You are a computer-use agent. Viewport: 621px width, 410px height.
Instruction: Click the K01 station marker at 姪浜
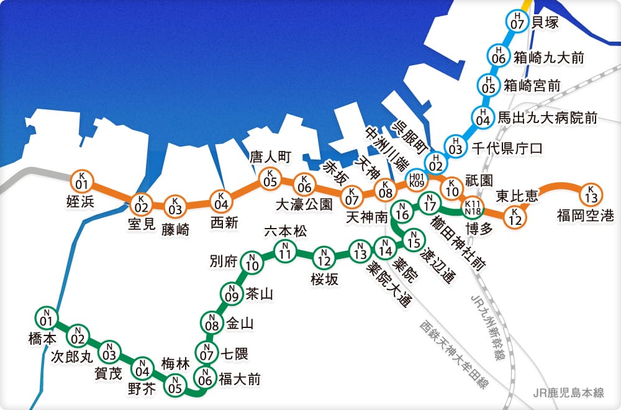[x=81, y=181]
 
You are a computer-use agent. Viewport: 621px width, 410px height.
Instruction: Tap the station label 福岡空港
[x=585, y=216]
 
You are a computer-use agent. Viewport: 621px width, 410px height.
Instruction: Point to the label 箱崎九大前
[x=548, y=58]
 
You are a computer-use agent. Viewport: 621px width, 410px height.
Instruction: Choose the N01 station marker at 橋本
[x=45, y=318]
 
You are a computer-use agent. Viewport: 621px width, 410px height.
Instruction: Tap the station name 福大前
[x=240, y=378]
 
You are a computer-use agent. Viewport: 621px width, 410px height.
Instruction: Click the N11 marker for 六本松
[x=285, y=251]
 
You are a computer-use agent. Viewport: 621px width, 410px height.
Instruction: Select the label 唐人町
[x=270, y=157]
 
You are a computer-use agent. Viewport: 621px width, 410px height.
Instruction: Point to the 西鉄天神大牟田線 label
[x=453, y=355]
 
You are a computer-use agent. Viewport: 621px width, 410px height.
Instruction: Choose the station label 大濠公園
[x=304, y=204]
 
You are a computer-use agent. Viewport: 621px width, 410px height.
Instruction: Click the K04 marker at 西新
[x=220, y=200]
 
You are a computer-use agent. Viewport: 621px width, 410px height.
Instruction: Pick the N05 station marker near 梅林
[x=176, y=385]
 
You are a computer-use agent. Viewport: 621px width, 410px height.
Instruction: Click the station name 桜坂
[x=325, y=279]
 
